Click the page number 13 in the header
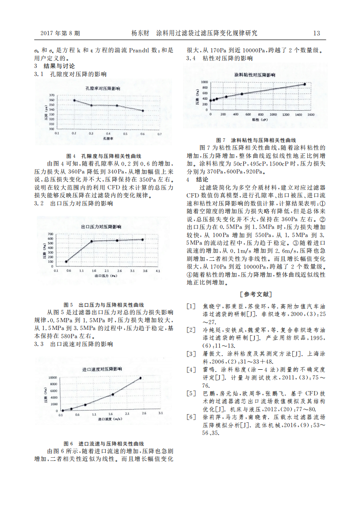click(316, 33)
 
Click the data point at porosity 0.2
click(74, 100)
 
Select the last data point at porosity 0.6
click(143, 110)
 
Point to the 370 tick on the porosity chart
click(51, 95)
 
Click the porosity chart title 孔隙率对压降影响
click(103, 88)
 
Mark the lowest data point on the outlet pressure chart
click(66, 261)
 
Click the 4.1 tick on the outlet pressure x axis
click(158, 270)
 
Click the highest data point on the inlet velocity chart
click(140, 378)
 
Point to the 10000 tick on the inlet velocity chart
click(53, 377)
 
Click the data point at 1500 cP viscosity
click(305, 84)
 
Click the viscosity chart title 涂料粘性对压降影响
click(255, 73)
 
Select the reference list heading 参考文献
click(256, 294)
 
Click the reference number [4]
click(191, 369)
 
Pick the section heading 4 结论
click(197, 179)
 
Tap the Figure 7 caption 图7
click(221, 140)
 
